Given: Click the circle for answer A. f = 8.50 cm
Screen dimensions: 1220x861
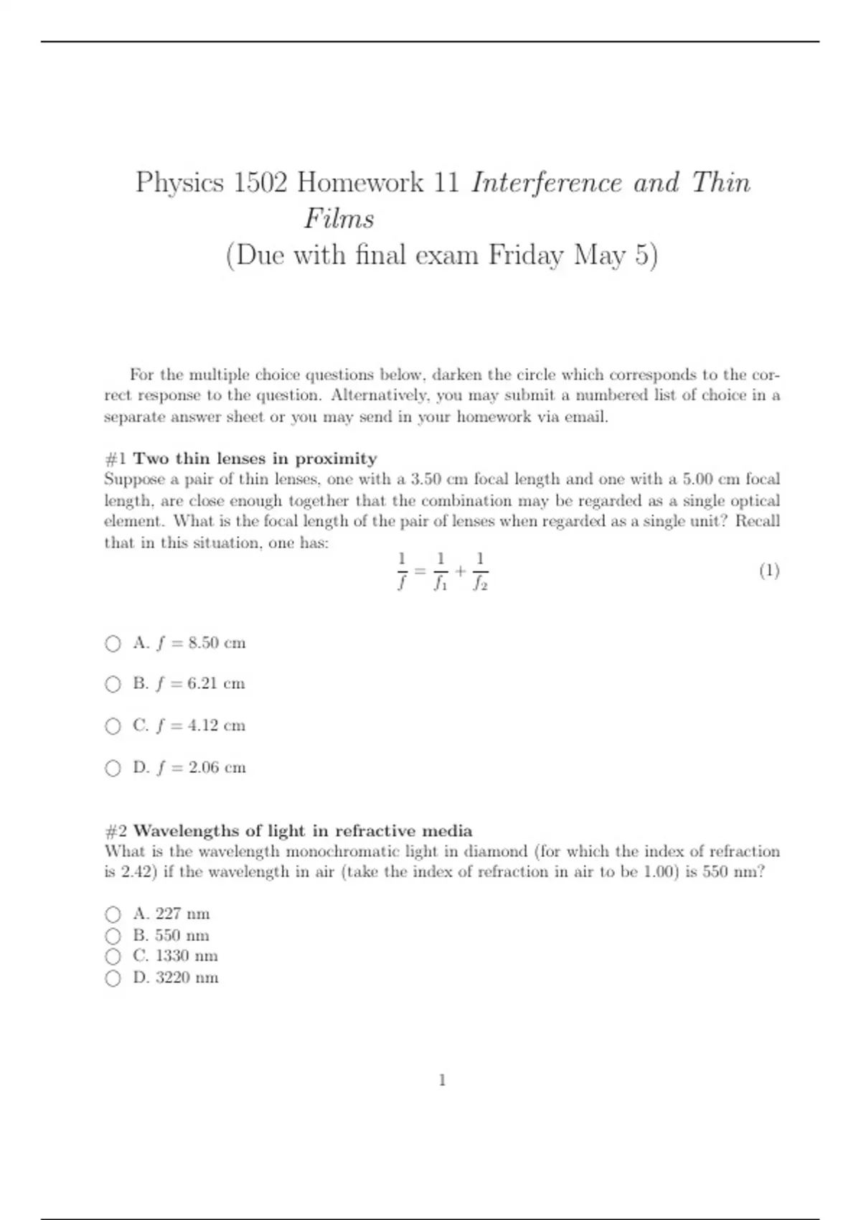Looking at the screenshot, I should coord(113,644).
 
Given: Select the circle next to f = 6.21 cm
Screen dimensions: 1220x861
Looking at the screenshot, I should coord(113,685).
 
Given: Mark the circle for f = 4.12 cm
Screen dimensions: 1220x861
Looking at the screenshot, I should coord(113,726).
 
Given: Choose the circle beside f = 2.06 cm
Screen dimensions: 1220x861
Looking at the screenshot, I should coord(113,769).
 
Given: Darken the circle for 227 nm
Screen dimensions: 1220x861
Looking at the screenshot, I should coord(113,914).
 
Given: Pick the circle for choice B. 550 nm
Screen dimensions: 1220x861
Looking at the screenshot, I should coord(113,936).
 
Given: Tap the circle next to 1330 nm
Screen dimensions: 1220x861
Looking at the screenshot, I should coord(113,957).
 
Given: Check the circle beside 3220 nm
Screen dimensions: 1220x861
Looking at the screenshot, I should coord(113,978).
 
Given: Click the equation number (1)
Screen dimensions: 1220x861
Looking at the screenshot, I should coord(769,571).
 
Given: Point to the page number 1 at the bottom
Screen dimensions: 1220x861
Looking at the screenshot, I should coord(442,1080).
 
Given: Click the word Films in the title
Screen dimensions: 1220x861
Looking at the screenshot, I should coord(339,219).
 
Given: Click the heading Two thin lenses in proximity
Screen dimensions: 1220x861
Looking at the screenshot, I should coord(255,459).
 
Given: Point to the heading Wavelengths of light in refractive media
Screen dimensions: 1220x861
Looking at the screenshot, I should coord(303,831).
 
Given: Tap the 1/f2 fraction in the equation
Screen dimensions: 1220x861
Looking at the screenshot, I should coord(480,571).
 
